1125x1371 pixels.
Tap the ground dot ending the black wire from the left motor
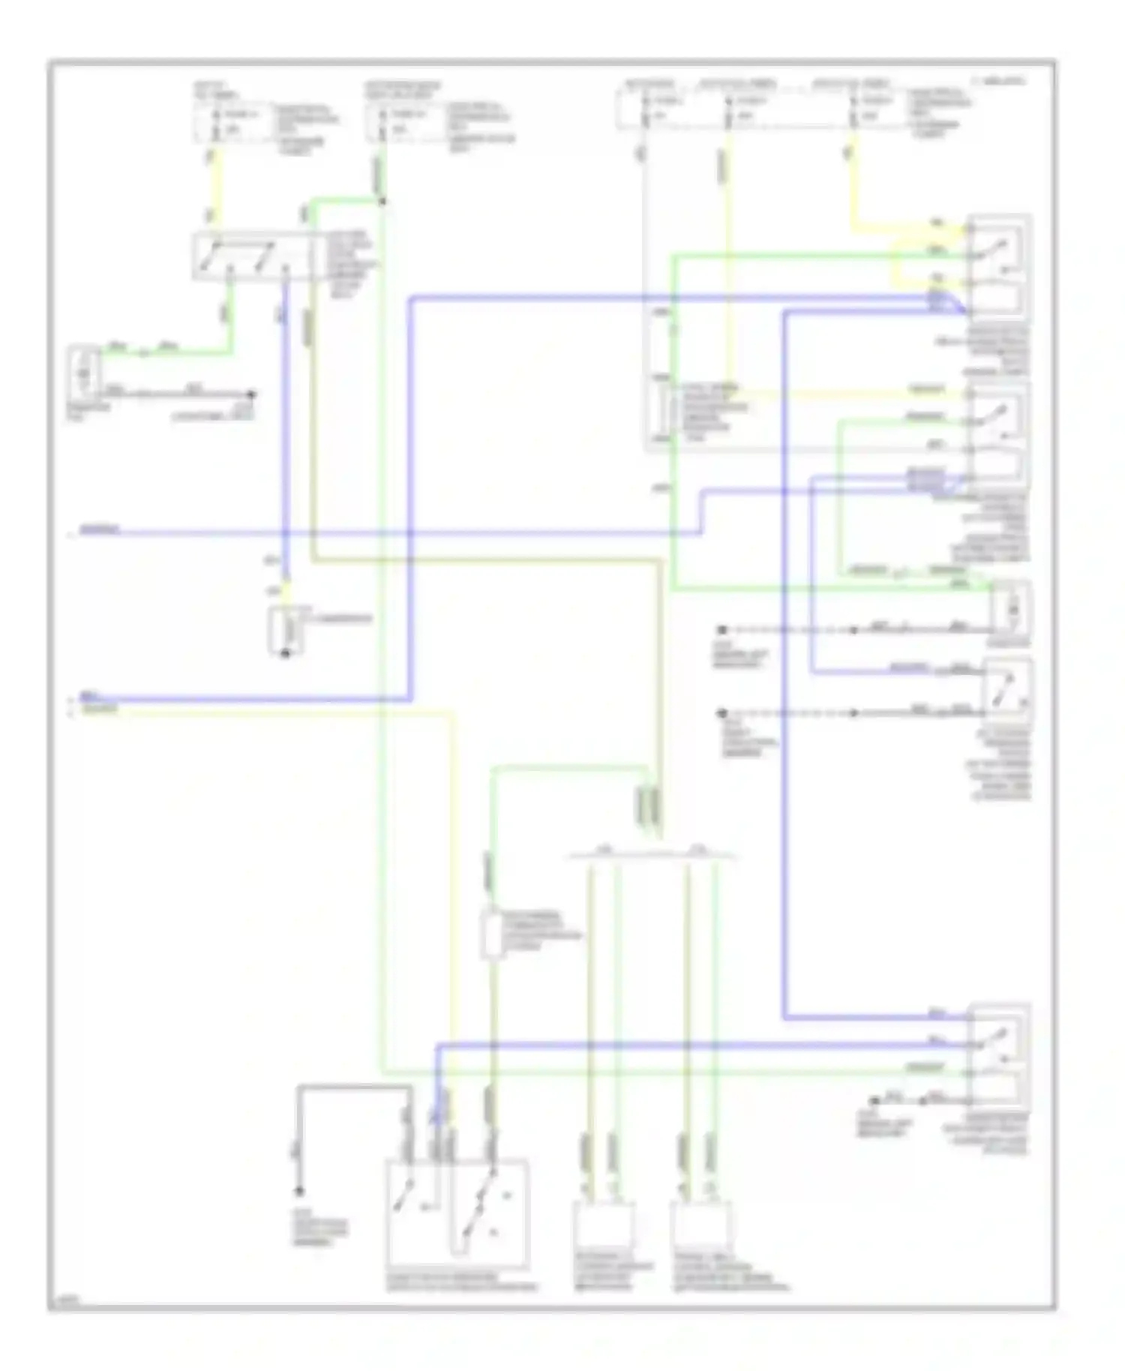click(x=252, y=394)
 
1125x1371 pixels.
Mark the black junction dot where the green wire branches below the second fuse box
click(x=382, y=201)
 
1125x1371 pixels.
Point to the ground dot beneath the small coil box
click(x=285, y=655)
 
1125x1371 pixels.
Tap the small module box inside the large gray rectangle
click(x=663, y=410)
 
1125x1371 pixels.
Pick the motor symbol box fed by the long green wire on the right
click(x=1010, y=610)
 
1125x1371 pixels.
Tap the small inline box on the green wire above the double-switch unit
click(x=492, y=934)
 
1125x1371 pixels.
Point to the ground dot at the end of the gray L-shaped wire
click(x=298, y=1191)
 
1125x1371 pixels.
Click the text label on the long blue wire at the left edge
click(x=100, y=530)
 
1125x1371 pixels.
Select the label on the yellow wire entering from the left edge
click(x=100, y=709)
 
